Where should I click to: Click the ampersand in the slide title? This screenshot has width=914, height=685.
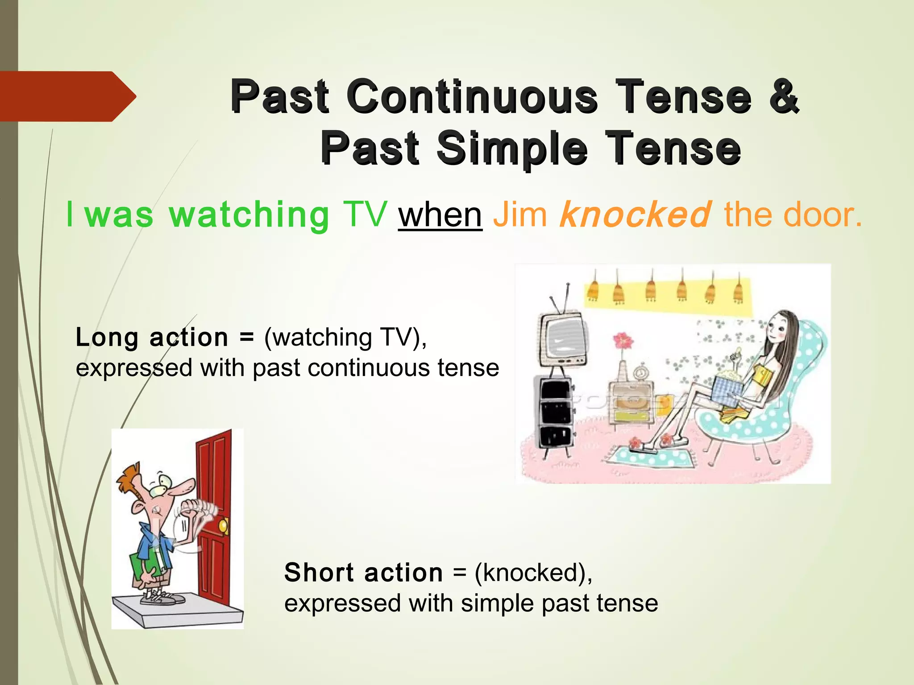point(783,96)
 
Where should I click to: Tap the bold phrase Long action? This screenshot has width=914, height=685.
point(152,337)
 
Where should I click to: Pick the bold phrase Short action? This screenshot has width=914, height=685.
point(363,573)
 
